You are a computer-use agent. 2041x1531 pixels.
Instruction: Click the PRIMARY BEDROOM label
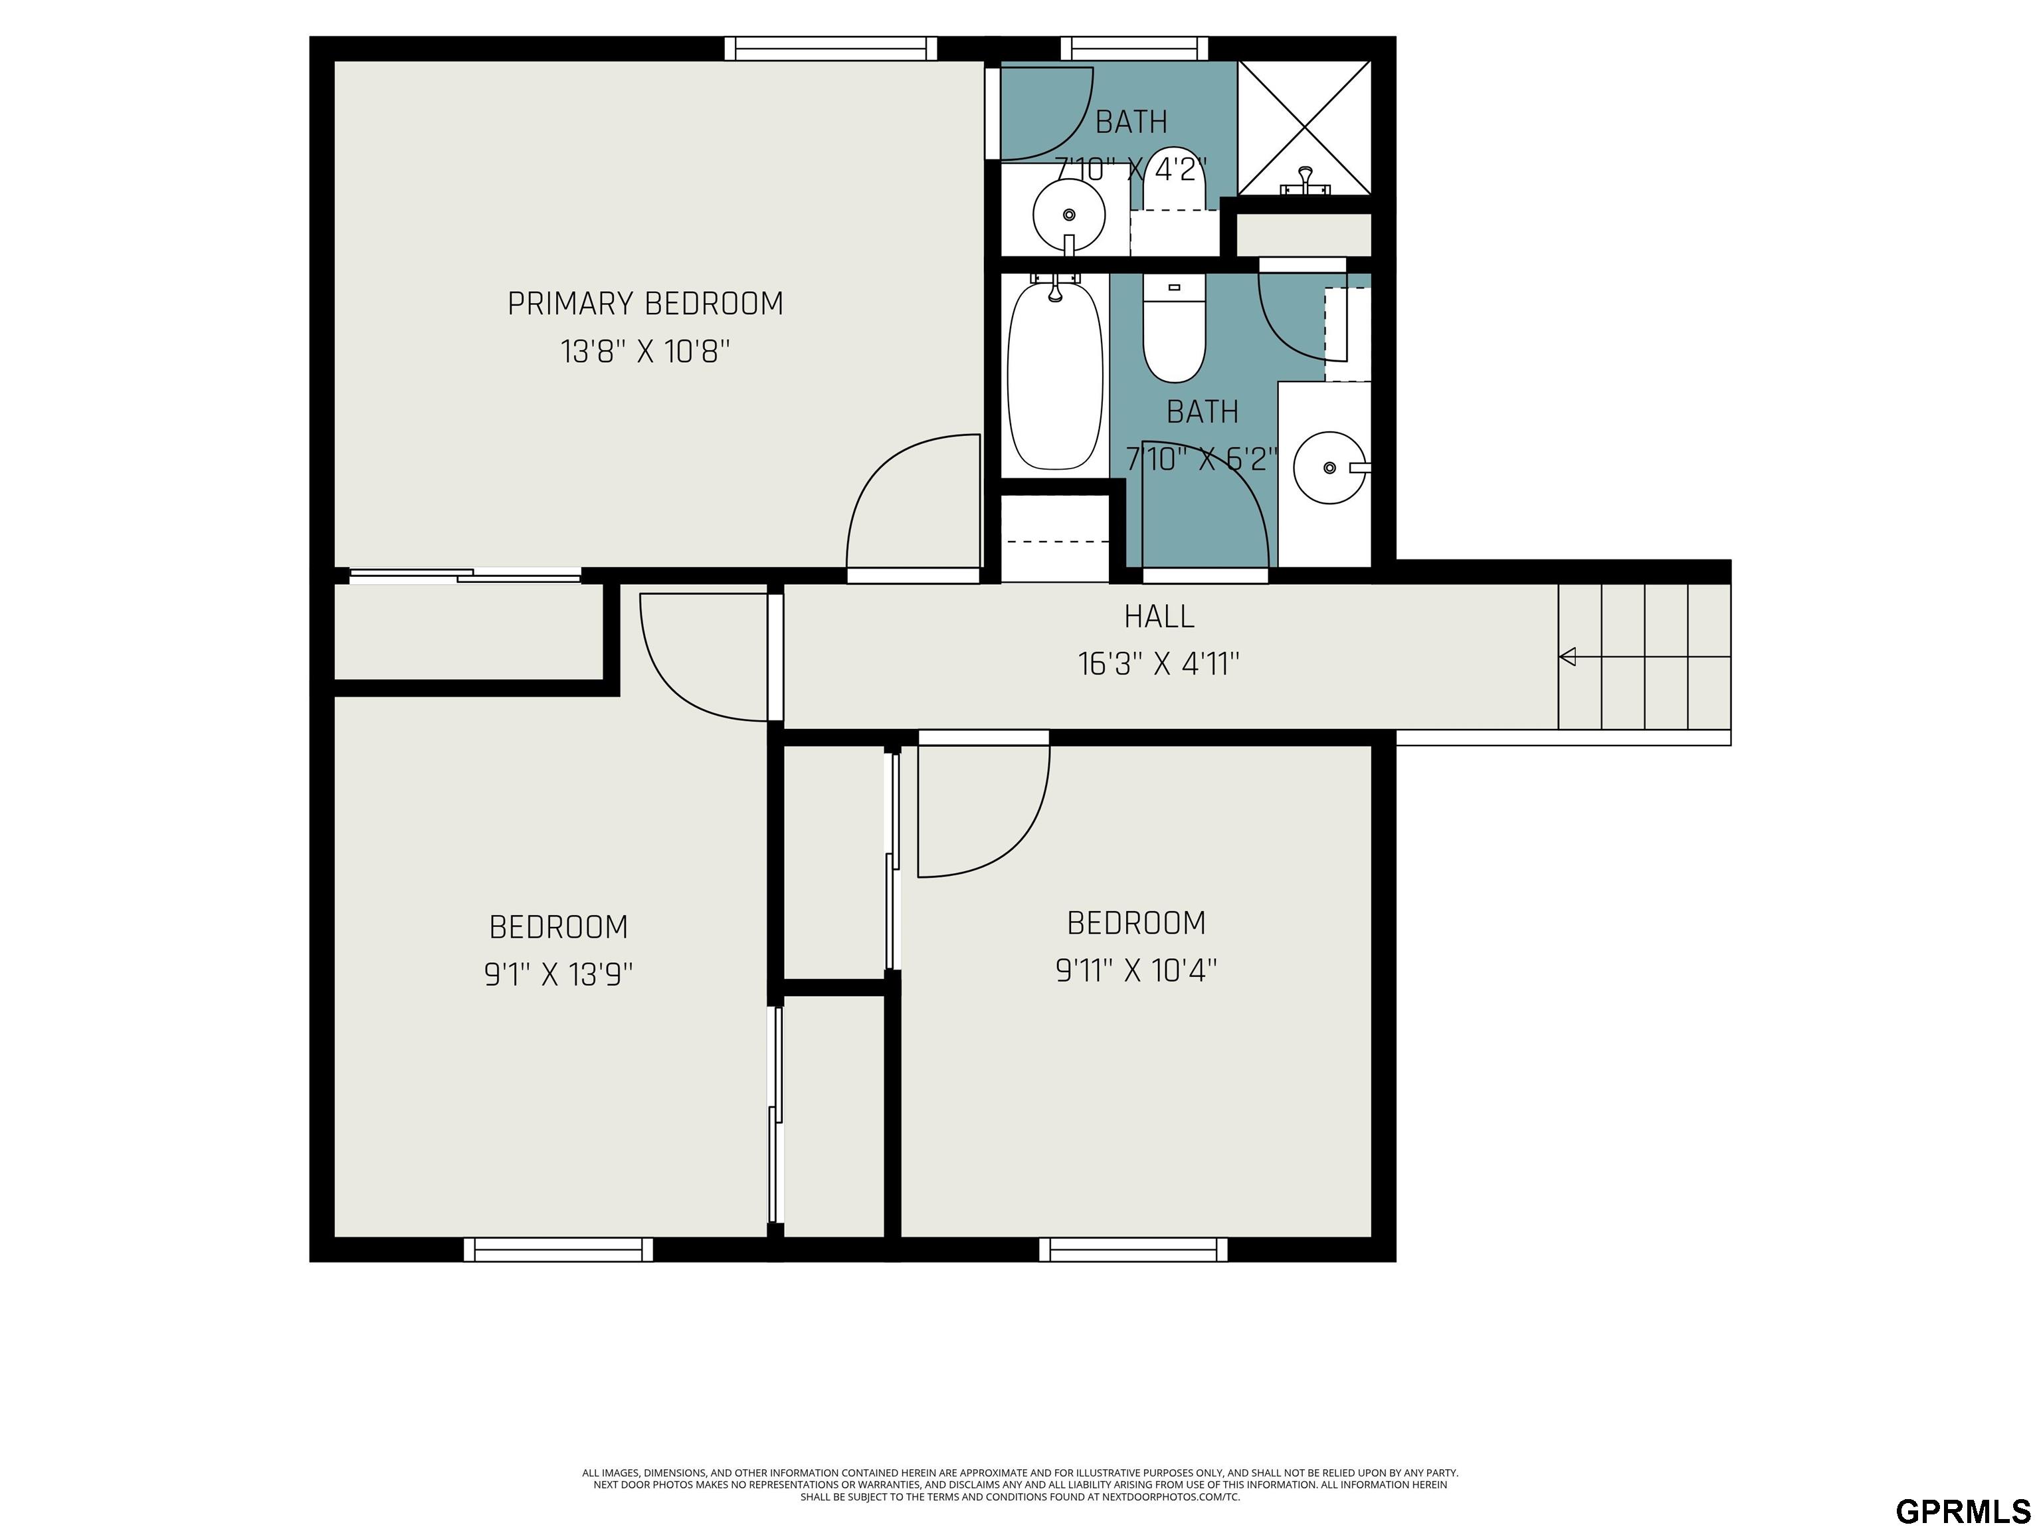[x=645, y=304]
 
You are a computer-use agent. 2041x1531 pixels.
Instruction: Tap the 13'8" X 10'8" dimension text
[x=645, y=352]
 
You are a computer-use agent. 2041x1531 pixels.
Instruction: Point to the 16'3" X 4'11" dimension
[x=1159, y=664]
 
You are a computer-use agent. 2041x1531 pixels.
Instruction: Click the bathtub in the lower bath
[x=1054, y=375]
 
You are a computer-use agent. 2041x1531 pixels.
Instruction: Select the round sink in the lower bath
[x=1329, y=468]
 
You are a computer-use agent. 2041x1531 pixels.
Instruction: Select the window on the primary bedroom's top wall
[x=830, y=48]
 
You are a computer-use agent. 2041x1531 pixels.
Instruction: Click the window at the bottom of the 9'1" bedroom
[x=558, y=1249]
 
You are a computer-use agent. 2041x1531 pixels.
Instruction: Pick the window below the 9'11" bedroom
[x=1133, y=1249]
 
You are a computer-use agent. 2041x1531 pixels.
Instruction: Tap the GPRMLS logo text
[x=1963, y=1510]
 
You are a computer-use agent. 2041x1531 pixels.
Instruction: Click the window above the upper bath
[x=1134, y=48]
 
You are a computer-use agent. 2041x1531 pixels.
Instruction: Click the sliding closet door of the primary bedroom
[x=465, y=577]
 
